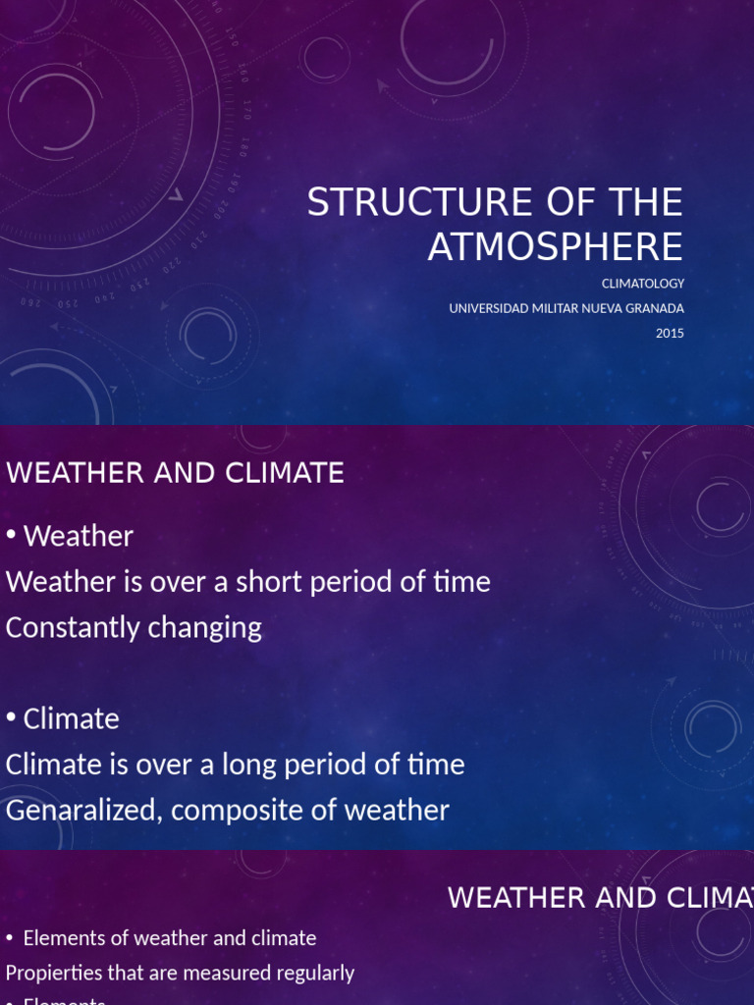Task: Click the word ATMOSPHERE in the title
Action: (555, 246)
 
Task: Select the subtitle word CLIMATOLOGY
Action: (643, 284)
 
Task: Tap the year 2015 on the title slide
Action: (670, 333)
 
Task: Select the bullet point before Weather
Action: (11, 536)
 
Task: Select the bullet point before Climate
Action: (11, 718)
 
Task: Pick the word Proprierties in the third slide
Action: (52, 973)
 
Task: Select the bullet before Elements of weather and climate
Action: (9, 938)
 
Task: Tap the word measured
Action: (233, 973)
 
